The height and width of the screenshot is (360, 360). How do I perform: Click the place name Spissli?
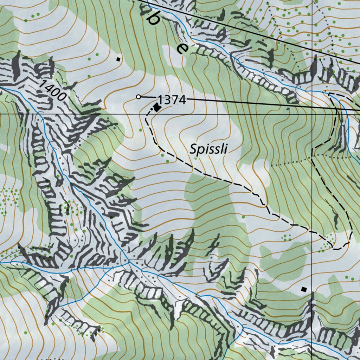[209, 149]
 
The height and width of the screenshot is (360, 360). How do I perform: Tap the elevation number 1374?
[171, 100]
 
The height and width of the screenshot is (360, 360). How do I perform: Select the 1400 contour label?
[53, 90]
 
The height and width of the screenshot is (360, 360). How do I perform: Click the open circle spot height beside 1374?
[139, 96]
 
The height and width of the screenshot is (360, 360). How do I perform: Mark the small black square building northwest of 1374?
[118, 59]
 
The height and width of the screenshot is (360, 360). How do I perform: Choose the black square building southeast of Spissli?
[304, 289]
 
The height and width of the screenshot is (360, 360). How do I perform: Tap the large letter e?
[182, 48]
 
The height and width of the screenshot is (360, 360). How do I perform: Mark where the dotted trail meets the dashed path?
[312, 158]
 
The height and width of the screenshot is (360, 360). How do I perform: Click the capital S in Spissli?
[193, 149]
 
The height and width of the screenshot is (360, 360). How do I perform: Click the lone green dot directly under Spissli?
[196, 158]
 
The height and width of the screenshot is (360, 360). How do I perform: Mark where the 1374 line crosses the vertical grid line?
[313, 108]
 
